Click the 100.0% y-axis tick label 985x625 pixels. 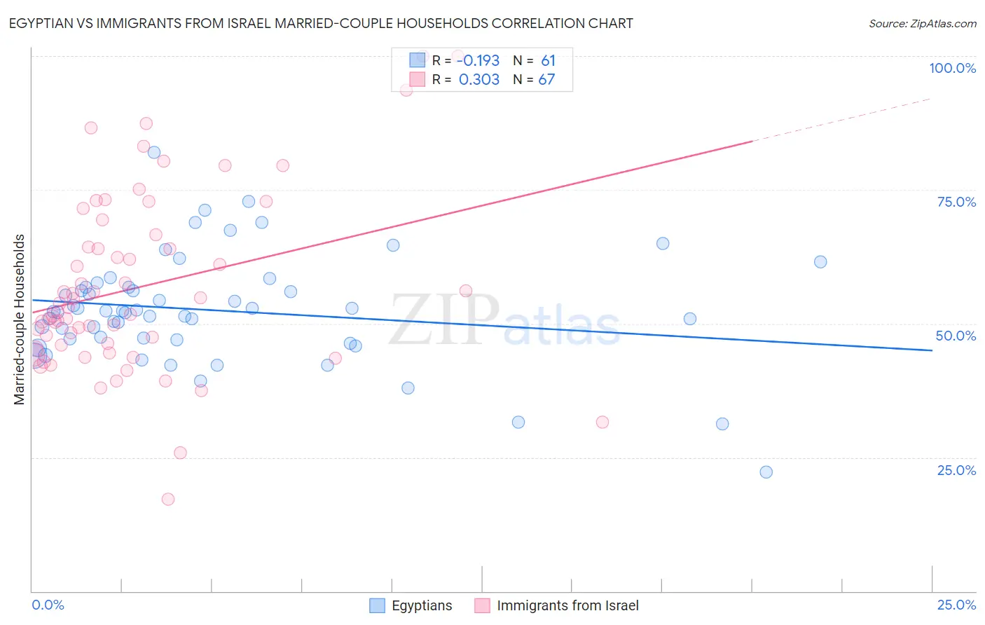click(x=952, y=68)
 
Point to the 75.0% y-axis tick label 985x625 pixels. click(x=956, y=202)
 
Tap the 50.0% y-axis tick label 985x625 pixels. click(x=956, y=336)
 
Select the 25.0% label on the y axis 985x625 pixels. click(x=956, y=470)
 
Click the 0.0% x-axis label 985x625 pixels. click(x=48, y=605)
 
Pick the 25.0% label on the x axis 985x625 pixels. click(x=956, y=605)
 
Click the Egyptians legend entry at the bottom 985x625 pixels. click(x=421, y=605)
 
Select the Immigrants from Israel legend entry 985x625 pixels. click(x=567, y=605)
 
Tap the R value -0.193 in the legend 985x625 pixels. click(x=478, y=60)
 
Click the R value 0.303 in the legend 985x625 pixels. click(x=479, y=79)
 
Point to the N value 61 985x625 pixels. click(x=548, y=60)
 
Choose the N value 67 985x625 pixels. click(x=546, y=79)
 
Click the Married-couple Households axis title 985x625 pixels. click(x=20, y=319)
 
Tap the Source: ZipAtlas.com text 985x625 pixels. click(x=922, y=24)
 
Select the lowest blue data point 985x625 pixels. click(x=766, y=472)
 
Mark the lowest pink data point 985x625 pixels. click(x=168, y=499)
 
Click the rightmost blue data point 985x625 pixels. click(x=820, y=262)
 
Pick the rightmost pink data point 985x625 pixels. click(x=602, y=422)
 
